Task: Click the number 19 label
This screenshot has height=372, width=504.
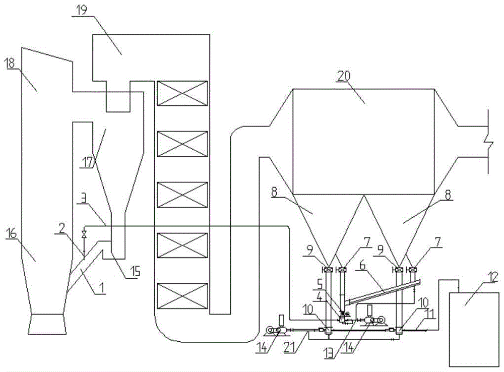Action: pyautogui.click(x=82, y=10)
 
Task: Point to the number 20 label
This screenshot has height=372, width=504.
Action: pyautogui.click(x=344, y=76)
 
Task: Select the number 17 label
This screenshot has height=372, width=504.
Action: pyautogui.click(x=86, y=163)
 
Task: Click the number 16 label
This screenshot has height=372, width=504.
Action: pyautogui.click(x=11, y=234)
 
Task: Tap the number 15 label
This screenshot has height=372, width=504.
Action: pyautogui.click(x=135, y=272)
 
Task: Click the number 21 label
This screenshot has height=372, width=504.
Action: pyautogui.click(x=291, y=348)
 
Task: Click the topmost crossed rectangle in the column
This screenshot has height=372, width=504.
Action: pyautogui.click(x=182, y=93)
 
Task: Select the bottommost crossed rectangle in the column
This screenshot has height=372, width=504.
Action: pyautogui.click(x=182, y=295)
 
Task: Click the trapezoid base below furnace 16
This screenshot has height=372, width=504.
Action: pyautogui.click(x=47, y=324)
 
